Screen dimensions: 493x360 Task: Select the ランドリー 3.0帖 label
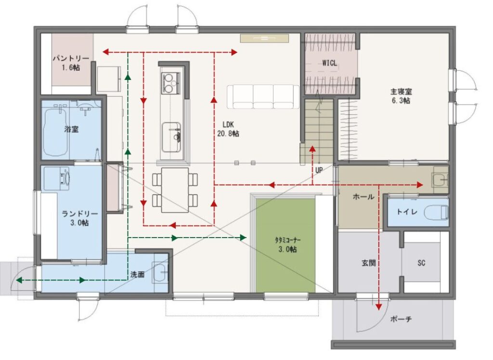(80, 218)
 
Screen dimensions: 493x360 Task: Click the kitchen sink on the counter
(172, 136)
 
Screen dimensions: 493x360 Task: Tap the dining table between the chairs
(175, 190)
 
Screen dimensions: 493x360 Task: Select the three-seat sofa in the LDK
(263, 96)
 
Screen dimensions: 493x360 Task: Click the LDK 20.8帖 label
(228, 129)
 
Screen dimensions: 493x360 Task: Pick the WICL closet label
(329, 63)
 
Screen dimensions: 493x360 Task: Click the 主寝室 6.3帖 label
(401, 96)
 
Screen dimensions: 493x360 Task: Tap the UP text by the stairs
(319, 170)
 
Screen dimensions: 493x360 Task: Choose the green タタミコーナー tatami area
(285, 245)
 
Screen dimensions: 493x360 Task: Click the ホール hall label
(363, 197)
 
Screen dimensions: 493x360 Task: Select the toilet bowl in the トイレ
(436, 212)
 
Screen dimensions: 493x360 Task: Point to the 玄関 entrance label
(368, 263)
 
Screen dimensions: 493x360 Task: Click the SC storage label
(421, 263)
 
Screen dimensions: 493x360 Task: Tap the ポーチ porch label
(401, 319)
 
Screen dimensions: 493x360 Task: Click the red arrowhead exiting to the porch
(379, 306)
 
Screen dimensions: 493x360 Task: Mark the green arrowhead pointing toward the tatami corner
(243, 238)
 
